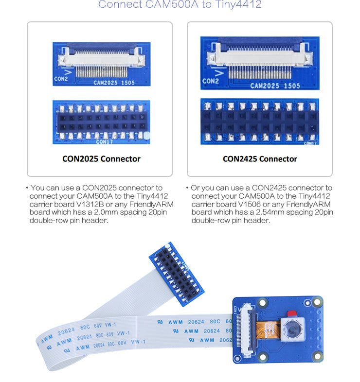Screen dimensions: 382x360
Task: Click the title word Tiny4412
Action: coord(238,5)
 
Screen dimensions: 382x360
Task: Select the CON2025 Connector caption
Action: coord(101,158)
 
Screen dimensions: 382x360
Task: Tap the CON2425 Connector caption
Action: coord(260,158)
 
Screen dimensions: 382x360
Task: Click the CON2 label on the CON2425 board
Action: coord(211,81)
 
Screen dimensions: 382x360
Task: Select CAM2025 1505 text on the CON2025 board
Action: coord(114,83)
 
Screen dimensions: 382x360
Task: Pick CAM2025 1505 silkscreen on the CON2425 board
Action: coord(275,86)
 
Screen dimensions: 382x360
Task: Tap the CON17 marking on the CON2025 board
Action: coord(104,142)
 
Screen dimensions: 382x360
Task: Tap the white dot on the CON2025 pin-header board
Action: coord(146,140)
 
